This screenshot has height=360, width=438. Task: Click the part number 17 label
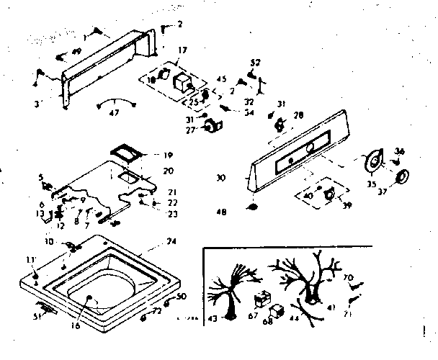[182, 50]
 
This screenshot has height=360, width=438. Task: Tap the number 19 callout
[167, 155]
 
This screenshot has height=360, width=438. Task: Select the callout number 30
[220, 178]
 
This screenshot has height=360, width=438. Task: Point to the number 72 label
[157, 312]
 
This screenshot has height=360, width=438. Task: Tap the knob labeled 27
[212, 127]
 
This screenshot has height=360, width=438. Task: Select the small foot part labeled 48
[252, 207]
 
